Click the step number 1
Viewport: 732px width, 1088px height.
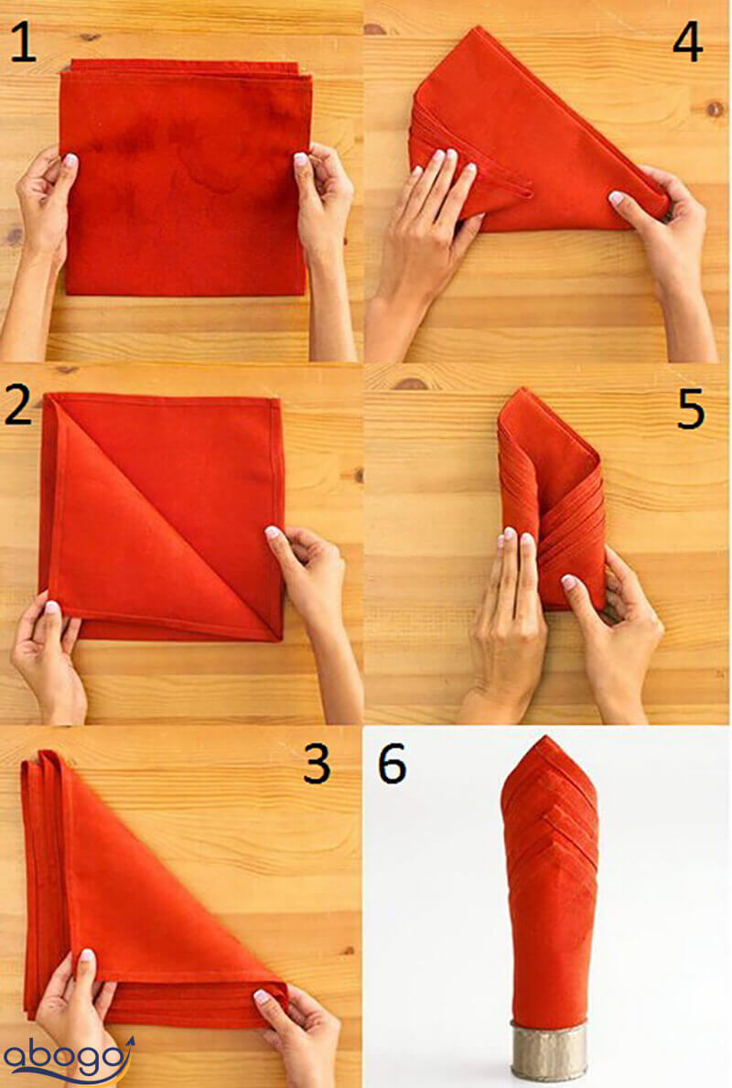click(22, 41)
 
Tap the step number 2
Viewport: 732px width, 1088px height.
click(18, 404)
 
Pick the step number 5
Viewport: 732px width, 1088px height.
click(691, 408)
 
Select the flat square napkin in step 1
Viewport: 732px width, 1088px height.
click(185, 178)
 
